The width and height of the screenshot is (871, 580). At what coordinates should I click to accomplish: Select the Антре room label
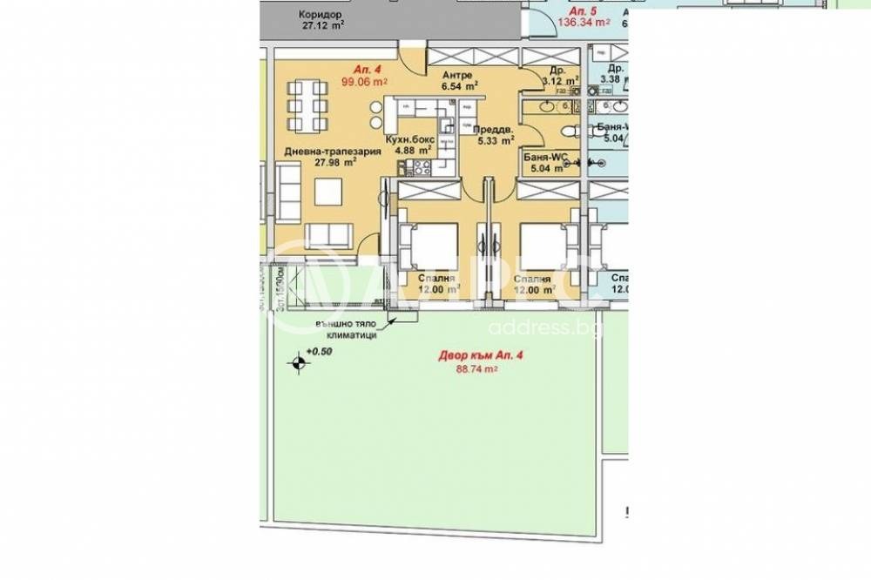tap(457, 75)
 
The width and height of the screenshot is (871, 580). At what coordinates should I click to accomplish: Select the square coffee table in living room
tap(327, 190)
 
